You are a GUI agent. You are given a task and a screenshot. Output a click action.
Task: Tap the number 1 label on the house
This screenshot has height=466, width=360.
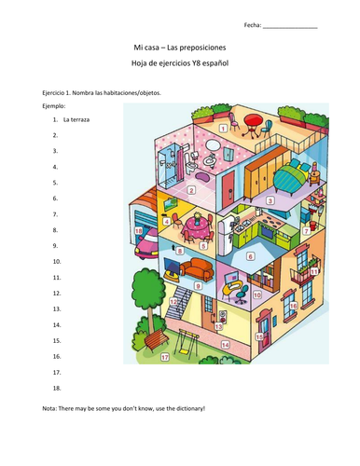225,124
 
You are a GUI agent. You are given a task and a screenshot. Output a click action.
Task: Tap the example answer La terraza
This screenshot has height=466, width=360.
78,120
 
